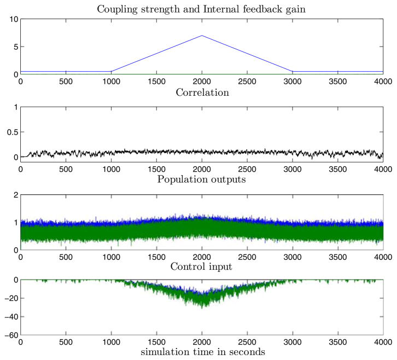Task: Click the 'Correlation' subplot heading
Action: tap(202, 92)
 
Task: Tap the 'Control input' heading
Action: tap(202, 266)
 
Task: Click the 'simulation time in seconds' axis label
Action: tap(202, 352)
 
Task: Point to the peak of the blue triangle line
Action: tap(202, 36)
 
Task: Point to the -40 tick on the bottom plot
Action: tap(10, 316)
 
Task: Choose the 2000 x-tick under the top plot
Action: tap(202, 81)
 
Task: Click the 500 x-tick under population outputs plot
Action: tap(66, 257)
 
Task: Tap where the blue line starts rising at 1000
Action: tap(112, 71)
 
